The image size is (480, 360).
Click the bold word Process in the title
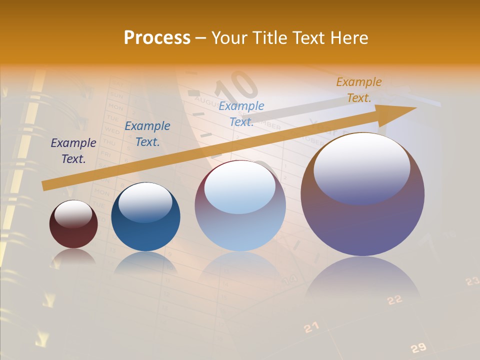tap(157, 38)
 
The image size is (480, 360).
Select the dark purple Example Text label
tap(73, 151)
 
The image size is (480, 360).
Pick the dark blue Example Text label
tap(147, 134)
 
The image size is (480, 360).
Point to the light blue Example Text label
tap(241, 114)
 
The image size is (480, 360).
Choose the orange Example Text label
tap(359, 90)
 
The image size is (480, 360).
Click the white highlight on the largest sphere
tap(362, 167)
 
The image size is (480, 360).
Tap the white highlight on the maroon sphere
tap(73, 214)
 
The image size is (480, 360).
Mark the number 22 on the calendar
tap(395, 299)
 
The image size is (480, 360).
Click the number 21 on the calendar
tap(311, 327)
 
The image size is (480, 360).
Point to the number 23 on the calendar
tap(472, 281)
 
